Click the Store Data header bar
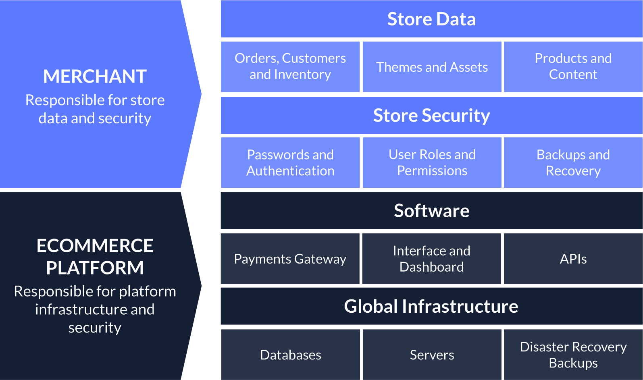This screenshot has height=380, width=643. click(431, 19)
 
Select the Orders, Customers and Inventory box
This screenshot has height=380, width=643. click(290, 66)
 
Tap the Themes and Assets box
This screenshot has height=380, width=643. click(432, 67)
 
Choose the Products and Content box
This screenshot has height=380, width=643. click(573, 66)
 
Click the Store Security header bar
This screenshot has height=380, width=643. click(431, 115)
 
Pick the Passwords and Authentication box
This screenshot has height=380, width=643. click(290, 162)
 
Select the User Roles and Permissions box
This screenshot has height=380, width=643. click(432, 162)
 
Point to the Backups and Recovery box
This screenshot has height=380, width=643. click(573, 162)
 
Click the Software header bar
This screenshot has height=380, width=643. click(431, 211)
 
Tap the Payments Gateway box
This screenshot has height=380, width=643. click(290, 259)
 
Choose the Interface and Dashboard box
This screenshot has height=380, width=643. click(431, 259)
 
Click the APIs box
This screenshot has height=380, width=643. click(573, 259)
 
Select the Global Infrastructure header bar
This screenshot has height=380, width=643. click(431, 306)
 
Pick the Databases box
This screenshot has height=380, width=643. click(290, 355)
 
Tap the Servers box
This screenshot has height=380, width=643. click(432, 355)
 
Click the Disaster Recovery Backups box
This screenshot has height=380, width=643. click(573, 355)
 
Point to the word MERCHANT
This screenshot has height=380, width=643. click(95, 77)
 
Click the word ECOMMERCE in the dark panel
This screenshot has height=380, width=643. click(95, 246)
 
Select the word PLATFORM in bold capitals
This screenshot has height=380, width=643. click(95, 268)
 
